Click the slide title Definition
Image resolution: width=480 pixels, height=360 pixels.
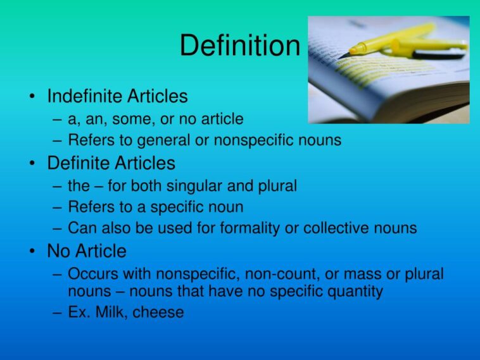(239, 46)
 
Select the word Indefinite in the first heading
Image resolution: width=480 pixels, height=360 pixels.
(84, 96)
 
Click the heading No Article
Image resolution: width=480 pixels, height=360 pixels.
(87, 251)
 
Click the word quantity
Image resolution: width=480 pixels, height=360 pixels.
(355, 292)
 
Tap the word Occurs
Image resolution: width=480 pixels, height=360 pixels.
(92, 275)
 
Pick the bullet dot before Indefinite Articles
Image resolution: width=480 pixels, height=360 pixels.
(32, 97)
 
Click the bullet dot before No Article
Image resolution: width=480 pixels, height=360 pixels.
(32, 252)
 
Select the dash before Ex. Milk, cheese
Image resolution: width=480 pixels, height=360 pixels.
(57, 313)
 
